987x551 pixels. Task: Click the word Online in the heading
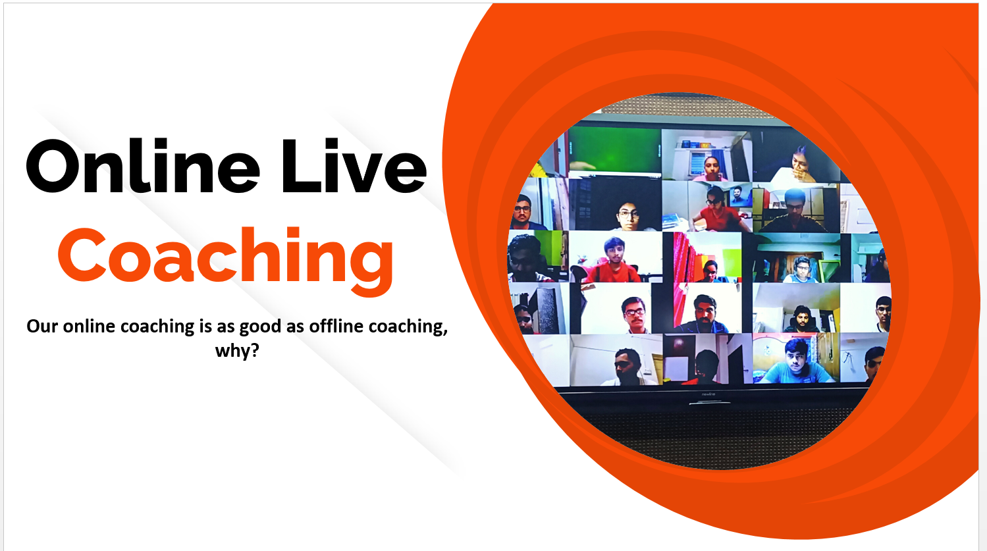[x=142, y=166]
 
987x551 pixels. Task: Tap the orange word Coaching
[x=225, y=261]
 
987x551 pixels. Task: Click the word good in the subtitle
[x=258, y=327]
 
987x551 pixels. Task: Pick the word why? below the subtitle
[x=237, y=351]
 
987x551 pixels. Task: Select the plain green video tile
[x=615, y=153]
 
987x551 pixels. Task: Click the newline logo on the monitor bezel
[x=708, y=394]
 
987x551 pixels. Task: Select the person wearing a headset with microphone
[x=802, y=319]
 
